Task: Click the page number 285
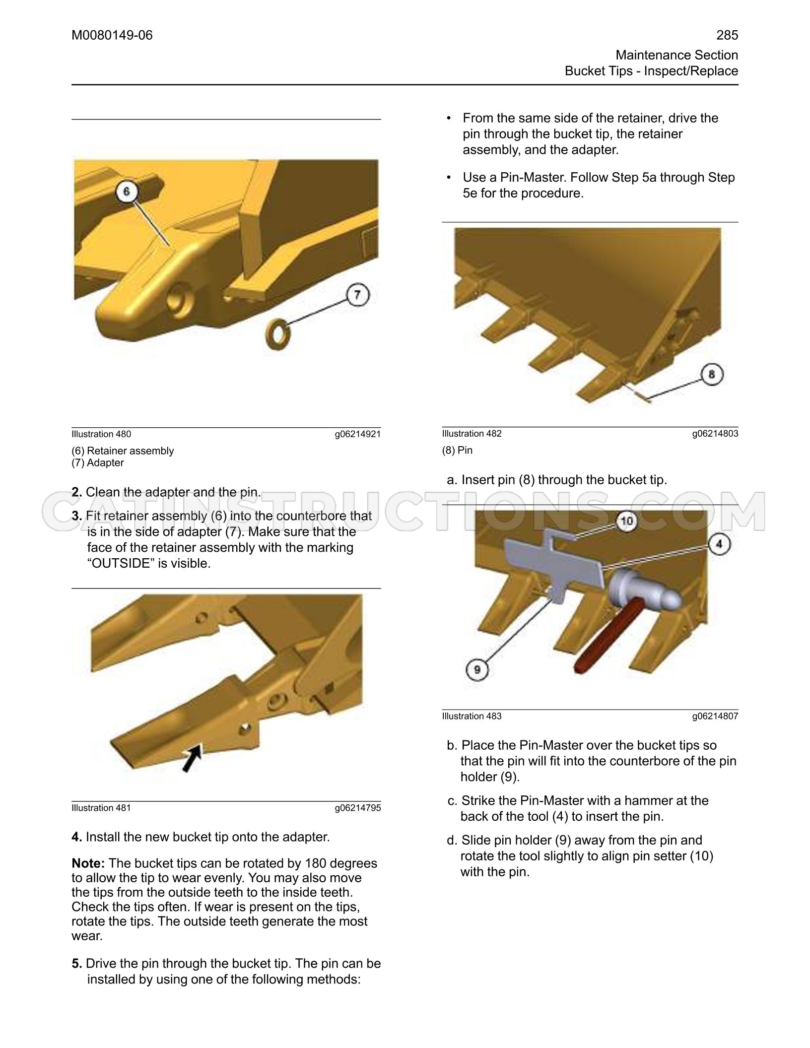coord(727,35)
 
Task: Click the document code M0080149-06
coord(112,35)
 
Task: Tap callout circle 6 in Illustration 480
coord(127,192)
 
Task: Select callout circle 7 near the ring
coord(357,296)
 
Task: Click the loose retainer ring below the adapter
coord(280,333)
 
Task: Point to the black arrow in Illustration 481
coord(193,757)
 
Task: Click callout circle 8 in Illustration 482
coord(712,374)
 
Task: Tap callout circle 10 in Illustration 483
coord(627,521)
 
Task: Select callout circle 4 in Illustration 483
coord(720,544)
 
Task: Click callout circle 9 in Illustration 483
coord(477,670)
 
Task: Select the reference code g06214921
coord(358,434)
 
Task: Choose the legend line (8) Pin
coord(458,450)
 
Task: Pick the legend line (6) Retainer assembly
coord(123,451)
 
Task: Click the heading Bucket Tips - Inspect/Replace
coord(651,71)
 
